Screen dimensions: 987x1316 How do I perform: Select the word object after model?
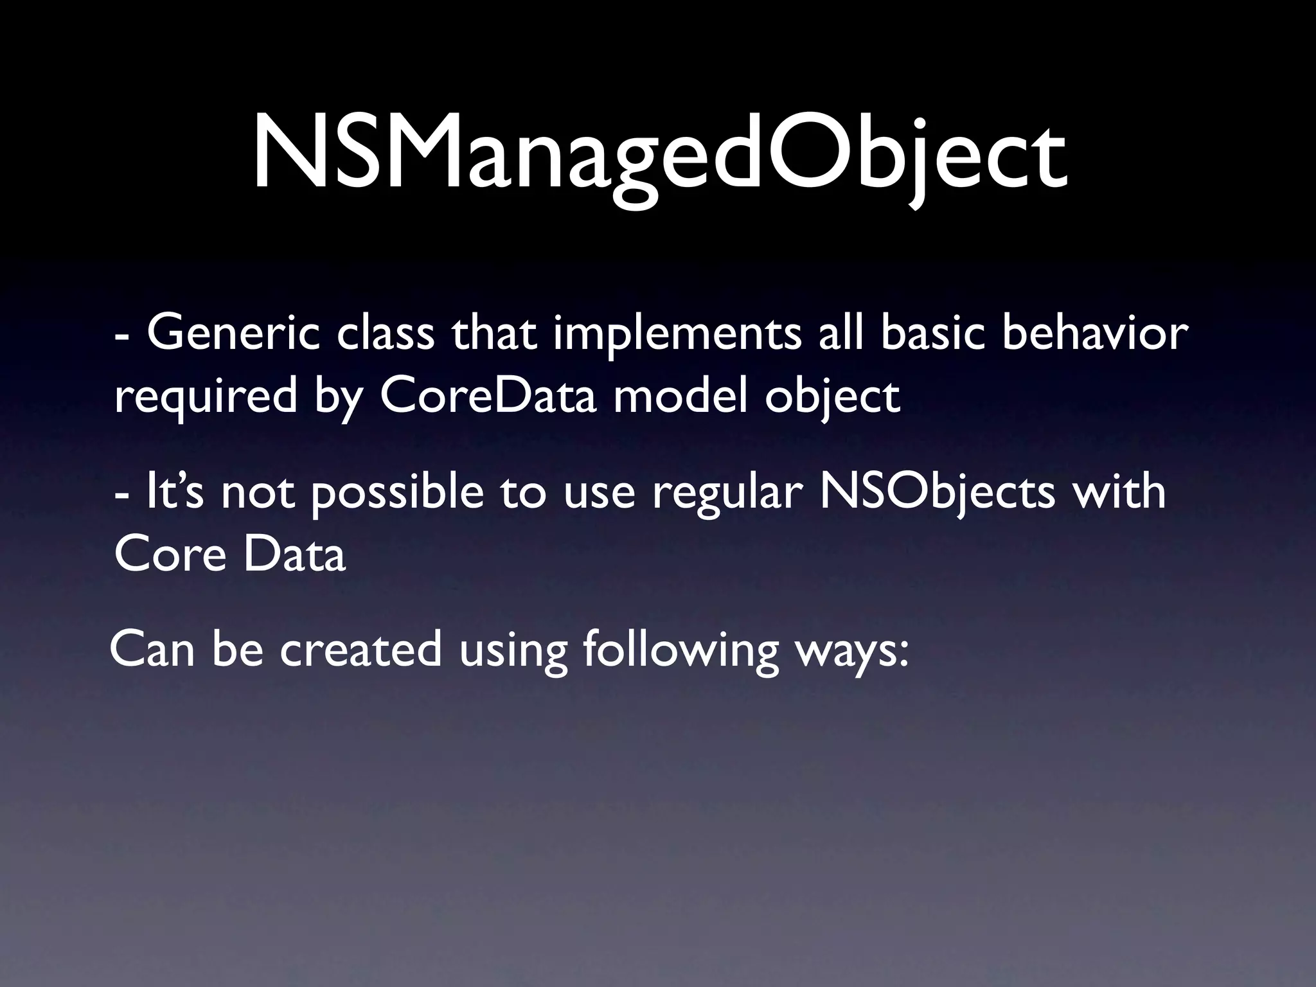coord(831,397)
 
